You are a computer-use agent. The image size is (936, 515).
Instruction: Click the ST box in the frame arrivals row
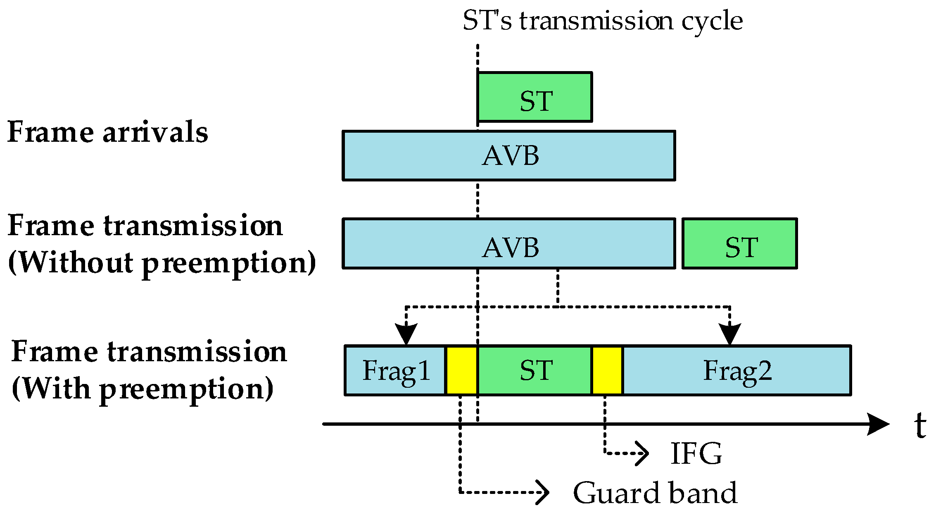[x=535, y=97]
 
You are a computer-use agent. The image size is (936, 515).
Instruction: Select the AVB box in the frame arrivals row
[x=509, y=156]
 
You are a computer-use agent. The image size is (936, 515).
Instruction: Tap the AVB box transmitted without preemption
[x=509, y=244]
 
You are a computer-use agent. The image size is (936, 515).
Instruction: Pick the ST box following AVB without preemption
[x=740, y=244]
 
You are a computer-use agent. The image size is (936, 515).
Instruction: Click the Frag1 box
[x=395, y=370]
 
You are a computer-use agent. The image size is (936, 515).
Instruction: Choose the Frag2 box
[x=737, y=370]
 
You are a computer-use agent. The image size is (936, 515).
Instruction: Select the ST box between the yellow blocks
[x=535, y=370]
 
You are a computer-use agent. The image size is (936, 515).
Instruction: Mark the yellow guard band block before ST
[x=462, y=370]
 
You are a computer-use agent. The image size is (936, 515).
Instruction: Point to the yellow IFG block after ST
[x=607, y=370]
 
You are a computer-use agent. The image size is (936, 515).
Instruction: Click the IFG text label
[x=696, y=454]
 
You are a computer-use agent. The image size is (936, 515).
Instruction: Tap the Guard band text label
[x=655, y=493]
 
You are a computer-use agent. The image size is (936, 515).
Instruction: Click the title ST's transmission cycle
[x=603, y=21]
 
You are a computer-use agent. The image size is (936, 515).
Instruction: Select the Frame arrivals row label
[x=108, y=132]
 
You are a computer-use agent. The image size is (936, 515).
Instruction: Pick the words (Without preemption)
[x=162, y=263]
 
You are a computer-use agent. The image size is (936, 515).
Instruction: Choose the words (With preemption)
[x=143, y=389]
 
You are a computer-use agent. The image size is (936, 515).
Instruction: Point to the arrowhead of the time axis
[x=878, y=424]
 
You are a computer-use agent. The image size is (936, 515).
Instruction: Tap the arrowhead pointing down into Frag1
[x=406, y=334]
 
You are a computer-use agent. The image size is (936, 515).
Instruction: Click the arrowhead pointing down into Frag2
[x=730, y=334]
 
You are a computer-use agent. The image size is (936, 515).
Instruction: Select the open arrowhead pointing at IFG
[x=642, y=453]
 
